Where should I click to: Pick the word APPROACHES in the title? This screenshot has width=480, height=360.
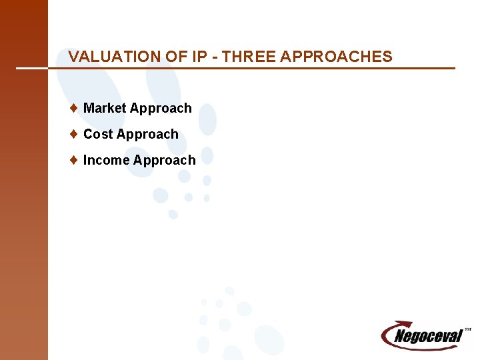[x=337, y=57]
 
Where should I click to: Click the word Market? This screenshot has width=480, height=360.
[x=105, y=108]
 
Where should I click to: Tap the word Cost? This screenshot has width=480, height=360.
[x=98, y=134]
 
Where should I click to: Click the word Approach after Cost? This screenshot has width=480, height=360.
[x=147, y=135]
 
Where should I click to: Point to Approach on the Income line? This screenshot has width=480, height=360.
[x=165, y=161]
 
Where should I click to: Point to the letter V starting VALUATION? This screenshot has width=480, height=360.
[x=73, y=57]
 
